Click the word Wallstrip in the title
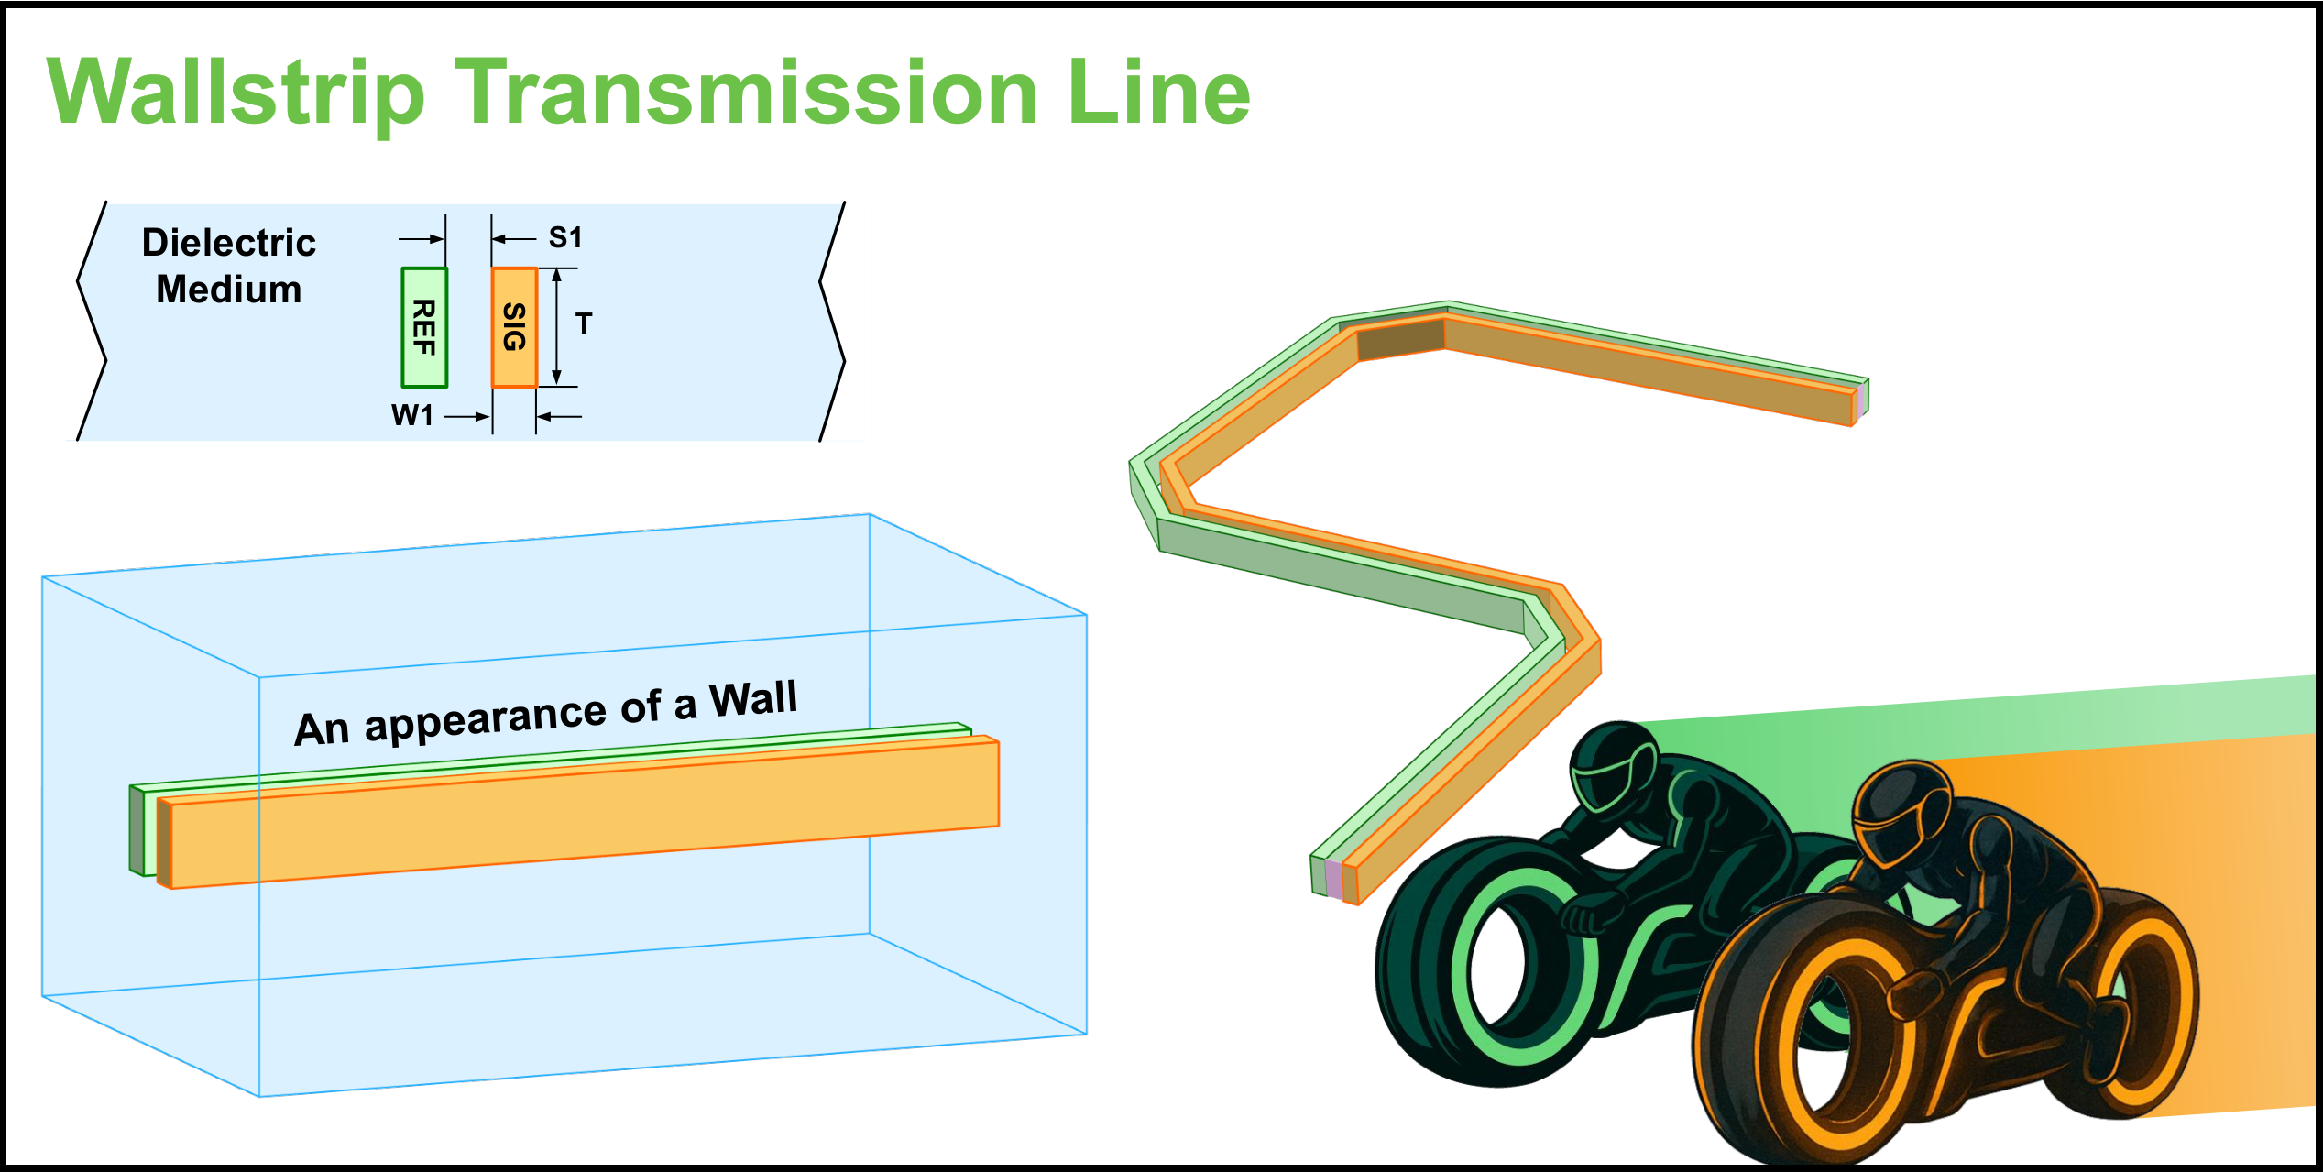click(x=236, y=93)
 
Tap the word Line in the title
click(x=1158, y=92)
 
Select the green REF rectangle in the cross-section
click(x=424, y=327)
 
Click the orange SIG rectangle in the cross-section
click(x=514, y=327)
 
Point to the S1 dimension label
click(x=565, y=238)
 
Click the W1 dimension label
click(x=412, y=415)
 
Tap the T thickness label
click(x=584, y=323)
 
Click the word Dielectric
click(x=229, y=243)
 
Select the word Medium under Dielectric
click(x=229, y=290)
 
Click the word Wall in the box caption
click(x=753, y=699)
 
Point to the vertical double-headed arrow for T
click(x=556, y=327)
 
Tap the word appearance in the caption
click(x=486, y=717)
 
